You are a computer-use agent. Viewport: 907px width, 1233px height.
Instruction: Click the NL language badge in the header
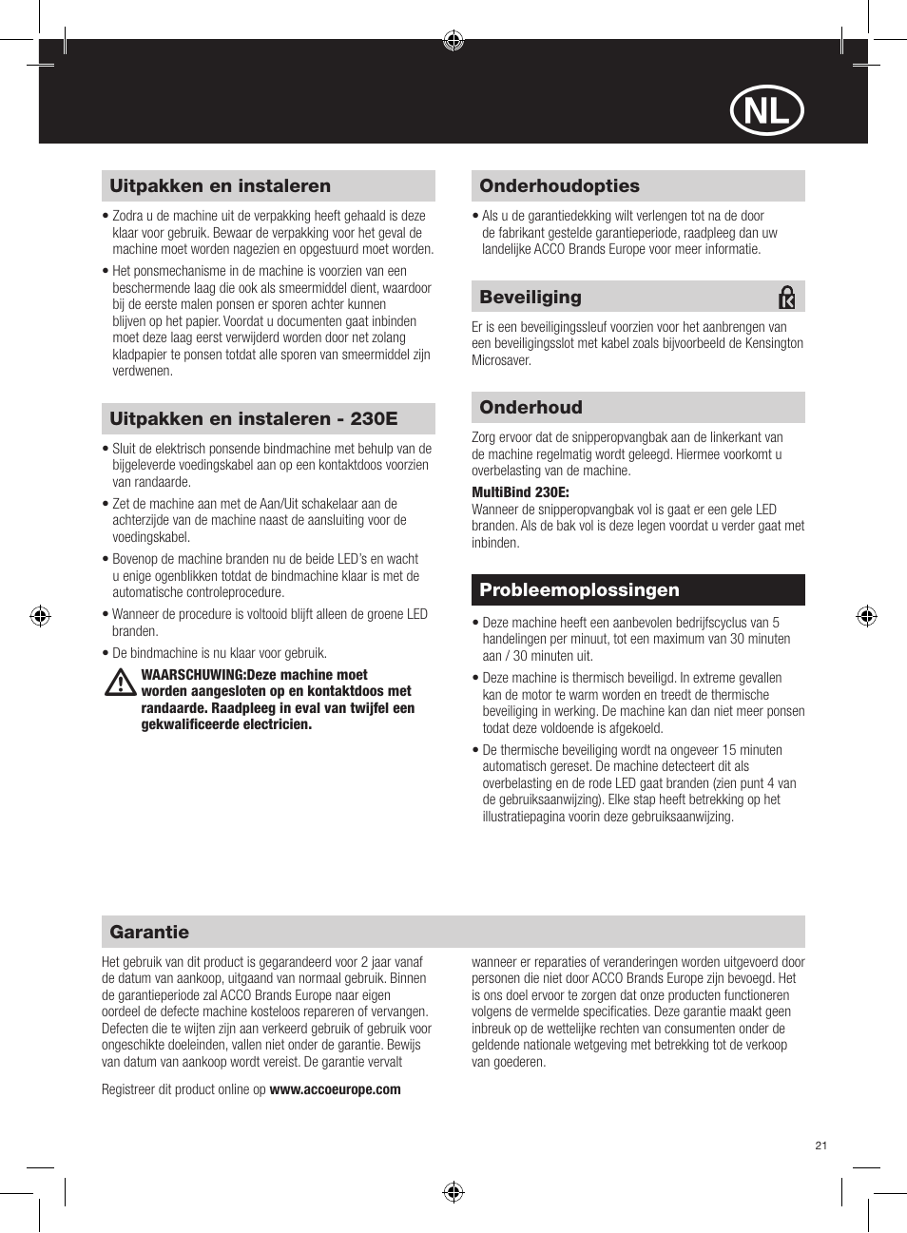pos(766,111)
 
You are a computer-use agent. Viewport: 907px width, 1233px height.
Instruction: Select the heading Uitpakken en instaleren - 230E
pos(253,419)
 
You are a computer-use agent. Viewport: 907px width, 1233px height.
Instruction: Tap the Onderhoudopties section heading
pos(559,186)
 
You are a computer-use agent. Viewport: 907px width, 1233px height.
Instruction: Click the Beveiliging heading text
pos(531,298)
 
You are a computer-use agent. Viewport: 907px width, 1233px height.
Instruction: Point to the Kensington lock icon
pos(786,298)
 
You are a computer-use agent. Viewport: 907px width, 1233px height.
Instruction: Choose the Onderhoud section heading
pos(531,408)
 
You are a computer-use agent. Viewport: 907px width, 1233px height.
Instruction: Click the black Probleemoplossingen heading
pos(579,590)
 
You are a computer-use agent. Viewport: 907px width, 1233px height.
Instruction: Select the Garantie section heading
pos(149,933)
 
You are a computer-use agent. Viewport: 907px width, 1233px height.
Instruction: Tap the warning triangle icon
pos(120,683)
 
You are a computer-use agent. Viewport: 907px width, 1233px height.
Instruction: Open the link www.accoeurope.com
pos(335,1089)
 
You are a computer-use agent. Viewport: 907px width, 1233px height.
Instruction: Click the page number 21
pos(821,1146)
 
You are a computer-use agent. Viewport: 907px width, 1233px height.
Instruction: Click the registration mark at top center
pos(453,40)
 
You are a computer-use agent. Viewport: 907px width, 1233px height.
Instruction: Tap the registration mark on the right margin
pos(866,616)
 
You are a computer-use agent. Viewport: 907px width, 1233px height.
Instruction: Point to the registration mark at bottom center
pos(453,1192)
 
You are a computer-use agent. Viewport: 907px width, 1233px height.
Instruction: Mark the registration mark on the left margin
pos(40,616)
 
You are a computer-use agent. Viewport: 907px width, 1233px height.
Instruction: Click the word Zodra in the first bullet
pos(127,216)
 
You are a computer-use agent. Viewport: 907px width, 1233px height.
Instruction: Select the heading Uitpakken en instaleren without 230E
pos(220,186)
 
